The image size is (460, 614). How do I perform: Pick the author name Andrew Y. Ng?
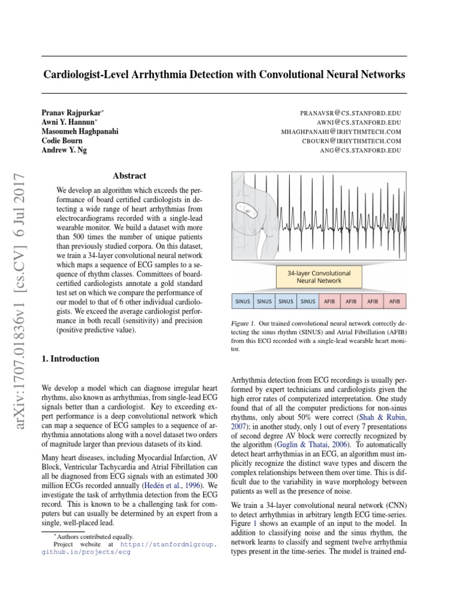click(x=64, y=150)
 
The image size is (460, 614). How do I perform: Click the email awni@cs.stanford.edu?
click(x=360, y=122)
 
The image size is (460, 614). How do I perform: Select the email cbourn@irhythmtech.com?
click(x=352, y=141)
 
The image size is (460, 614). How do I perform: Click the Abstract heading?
click(x=129, y=176)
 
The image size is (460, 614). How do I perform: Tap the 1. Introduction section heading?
click(x=70, y=359)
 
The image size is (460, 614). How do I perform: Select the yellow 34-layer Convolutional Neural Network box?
click(x=319, y=276)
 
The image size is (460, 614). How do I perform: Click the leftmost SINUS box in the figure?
click(x=242, y=301)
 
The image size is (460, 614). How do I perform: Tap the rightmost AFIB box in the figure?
click(x=395, y=301)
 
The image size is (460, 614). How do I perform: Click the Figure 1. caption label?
click(x=243, y=323)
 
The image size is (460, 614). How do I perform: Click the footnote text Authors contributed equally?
click(x=96, y=537)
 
